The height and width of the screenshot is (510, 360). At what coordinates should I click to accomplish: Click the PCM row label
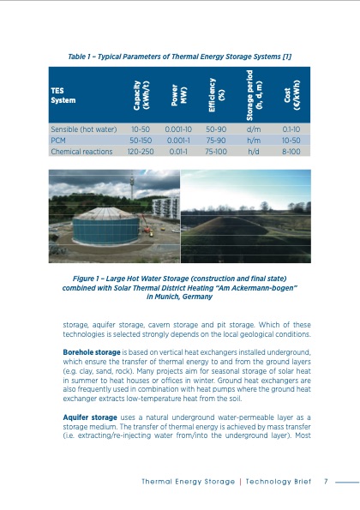click(58, 137)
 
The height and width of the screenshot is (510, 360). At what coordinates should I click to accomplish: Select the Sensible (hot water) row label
click(84, 126)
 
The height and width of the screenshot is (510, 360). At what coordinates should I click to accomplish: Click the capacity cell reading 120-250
click(141, 149)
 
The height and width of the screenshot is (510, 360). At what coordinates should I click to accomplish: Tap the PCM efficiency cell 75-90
click(216, 137)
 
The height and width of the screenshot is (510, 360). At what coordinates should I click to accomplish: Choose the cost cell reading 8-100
click(291, 149)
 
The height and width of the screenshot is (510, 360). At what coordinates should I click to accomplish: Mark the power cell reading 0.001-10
click(178, 126)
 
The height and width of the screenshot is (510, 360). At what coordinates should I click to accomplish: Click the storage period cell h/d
click(254, 149)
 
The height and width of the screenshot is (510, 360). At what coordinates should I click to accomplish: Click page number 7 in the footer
click(326, 480)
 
